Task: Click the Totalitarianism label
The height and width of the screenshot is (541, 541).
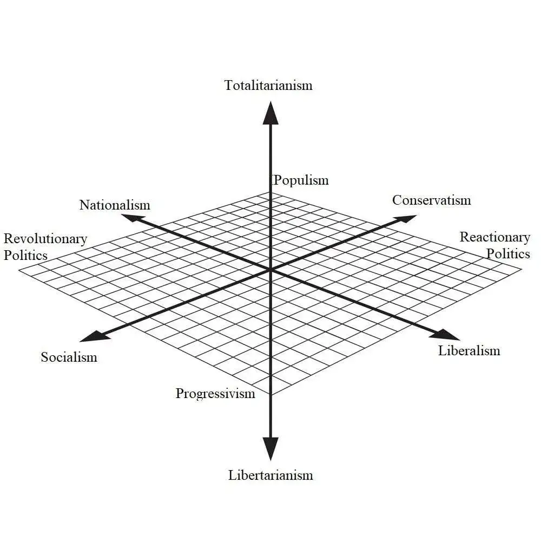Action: [x=268, y=85]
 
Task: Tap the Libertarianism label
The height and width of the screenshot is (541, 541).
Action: [x=270, y=475]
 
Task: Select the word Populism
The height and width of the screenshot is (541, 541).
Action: [x=301, y=180]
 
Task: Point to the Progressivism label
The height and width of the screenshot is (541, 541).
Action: [x=215, y=394]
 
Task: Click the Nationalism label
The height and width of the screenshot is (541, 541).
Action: [x=115, y=205]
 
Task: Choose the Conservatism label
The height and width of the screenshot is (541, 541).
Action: [x=431, y=200]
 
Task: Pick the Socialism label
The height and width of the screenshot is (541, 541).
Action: [x=69, y=357]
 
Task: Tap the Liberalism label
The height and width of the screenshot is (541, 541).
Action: [x=469, y=350]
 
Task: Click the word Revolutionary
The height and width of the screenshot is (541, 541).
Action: [x=45, y=239]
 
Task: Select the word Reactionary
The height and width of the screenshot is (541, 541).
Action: [x=494, y=237]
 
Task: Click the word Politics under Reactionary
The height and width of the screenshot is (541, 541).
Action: [x=508, y=253]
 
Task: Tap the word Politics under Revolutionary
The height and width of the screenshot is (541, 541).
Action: [x=25, y=255]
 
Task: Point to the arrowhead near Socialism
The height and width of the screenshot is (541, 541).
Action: [x=93, y=337]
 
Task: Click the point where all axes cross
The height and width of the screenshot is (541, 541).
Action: [x=270, y=270]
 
